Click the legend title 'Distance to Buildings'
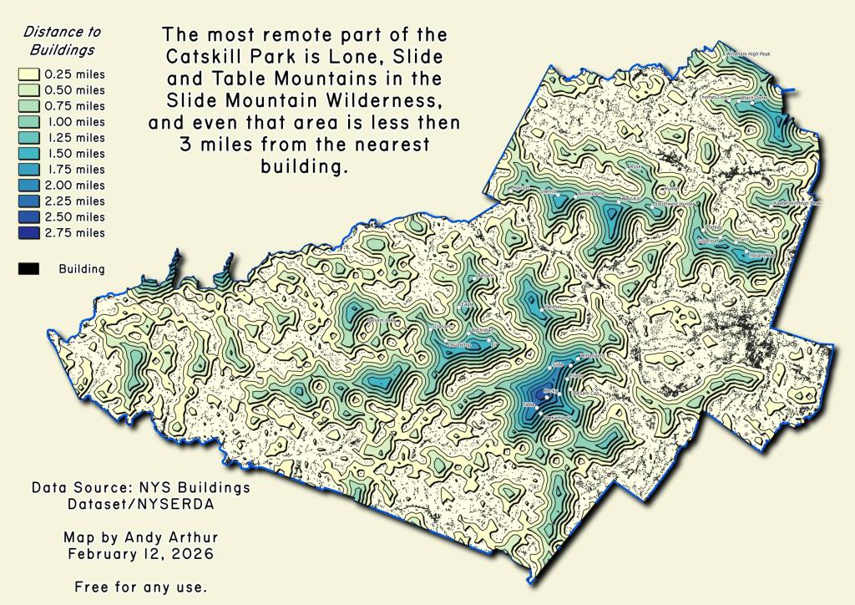click(x=62, y=40)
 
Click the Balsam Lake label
click(x=381, y=320)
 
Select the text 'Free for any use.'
click(x=139, y=587)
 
